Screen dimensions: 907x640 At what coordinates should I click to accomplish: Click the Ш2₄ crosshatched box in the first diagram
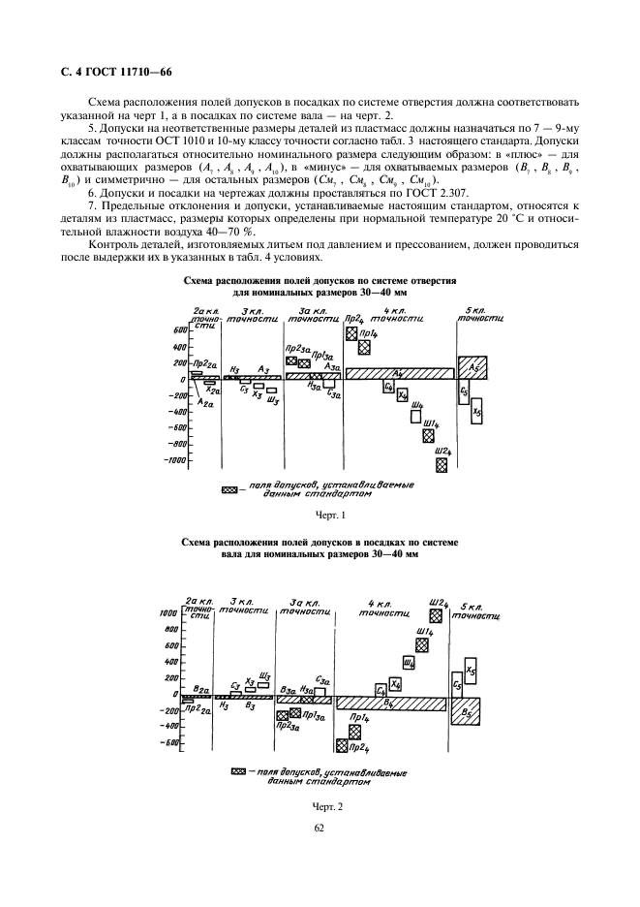[x=442, y=465]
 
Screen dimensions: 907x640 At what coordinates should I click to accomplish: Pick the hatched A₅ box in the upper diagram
[x=472, y=369]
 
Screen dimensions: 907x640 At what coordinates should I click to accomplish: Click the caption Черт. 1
[x=330, y=515]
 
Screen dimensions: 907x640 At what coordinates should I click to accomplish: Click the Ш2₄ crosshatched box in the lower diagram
[x=438, y=615]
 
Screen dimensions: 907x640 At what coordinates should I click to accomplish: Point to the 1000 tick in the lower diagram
[x=167, y=613]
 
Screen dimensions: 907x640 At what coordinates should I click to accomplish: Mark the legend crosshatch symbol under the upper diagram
[x=229, y=491]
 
